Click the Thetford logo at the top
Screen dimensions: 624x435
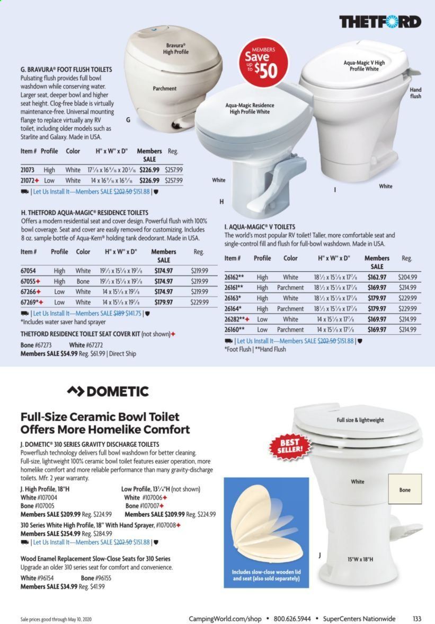coord(380,22)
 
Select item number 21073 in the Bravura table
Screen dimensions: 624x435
coord(29,170)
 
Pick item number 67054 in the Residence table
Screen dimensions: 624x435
coord(29,271)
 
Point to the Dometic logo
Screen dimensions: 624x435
coord(108,392)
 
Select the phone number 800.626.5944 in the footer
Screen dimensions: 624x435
coord(292,619)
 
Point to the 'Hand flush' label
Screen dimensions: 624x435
coord(415,93)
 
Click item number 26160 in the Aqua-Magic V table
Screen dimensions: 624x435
coord(234,330)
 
